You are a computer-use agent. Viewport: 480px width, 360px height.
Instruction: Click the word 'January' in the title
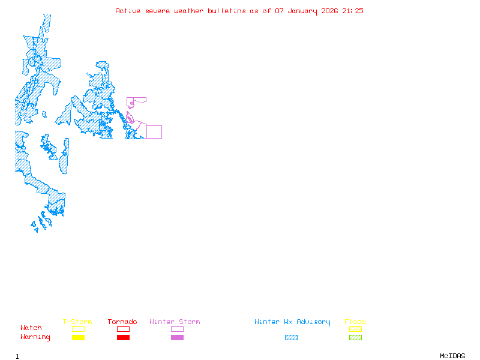tap(302, 11)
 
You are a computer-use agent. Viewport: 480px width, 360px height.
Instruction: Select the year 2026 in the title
tap(329, 11)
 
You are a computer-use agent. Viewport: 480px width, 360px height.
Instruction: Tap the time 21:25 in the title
tap(353, 11)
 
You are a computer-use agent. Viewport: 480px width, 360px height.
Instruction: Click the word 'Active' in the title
tap(128, 11)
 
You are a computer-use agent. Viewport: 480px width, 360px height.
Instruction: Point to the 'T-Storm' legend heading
tap(77, 322)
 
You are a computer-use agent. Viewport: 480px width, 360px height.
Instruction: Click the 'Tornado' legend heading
tap(122, 322)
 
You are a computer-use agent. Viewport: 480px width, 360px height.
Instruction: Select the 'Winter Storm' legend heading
tap(175, 322)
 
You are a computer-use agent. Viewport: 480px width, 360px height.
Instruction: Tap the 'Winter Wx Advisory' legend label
tap(292, 322)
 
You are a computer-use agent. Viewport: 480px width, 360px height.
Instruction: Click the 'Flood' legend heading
tap(355, 322)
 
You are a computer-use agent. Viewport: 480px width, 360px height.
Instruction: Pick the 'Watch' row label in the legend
tap(31, 328)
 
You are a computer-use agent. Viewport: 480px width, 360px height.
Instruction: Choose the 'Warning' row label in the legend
tap(35, 337)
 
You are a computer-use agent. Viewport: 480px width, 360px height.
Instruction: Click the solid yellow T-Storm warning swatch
tap(79, 338)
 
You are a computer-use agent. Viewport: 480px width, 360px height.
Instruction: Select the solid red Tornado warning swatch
tap(124, 338)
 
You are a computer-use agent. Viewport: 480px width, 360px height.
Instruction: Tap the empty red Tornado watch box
tap(124, 326)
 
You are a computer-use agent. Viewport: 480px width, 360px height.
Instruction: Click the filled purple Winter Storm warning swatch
tap(177, 338)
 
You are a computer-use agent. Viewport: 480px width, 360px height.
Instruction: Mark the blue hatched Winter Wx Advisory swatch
tap(291, 338)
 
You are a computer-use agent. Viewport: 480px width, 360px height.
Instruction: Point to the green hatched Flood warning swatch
tap(355, 338)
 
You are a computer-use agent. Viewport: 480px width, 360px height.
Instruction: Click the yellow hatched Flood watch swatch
tap(355, 329)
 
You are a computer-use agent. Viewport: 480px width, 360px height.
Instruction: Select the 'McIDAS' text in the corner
tap(452, 356)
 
